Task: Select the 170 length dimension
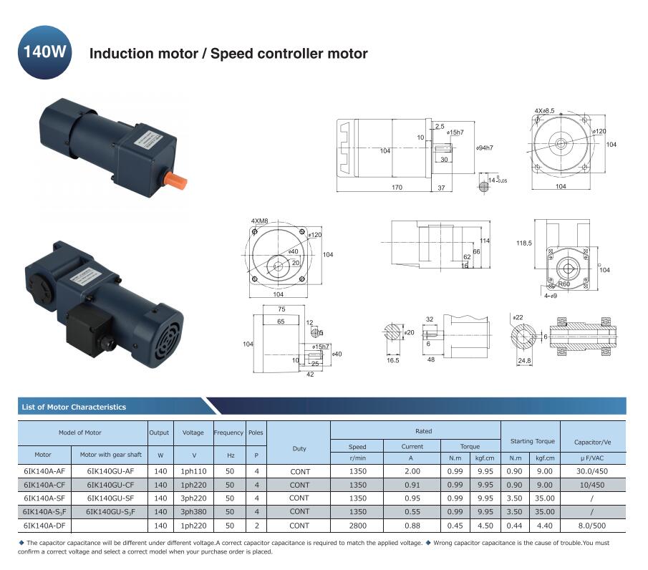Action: click(397, 188)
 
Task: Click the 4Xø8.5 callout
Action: click(544, 111)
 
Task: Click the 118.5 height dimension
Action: click(524, 243)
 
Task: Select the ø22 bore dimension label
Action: click(518, 317)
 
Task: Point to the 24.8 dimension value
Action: click(524, 361)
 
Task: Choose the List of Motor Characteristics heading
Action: click(74, 407)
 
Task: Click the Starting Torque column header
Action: click(532, 441)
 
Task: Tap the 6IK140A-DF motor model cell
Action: click(44, 525)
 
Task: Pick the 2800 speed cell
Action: click(357, 525)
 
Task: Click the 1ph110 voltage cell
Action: click(193, 470)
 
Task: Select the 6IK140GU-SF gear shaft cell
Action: click(110, 498)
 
